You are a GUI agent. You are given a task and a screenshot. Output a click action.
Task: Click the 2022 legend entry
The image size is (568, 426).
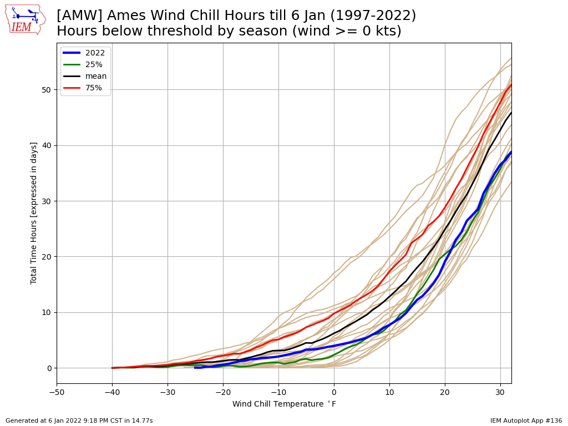point(84,53)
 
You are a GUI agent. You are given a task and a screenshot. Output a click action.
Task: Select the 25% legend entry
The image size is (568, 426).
point(83,64)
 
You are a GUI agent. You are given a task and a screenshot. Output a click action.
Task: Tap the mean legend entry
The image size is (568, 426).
point(85,76)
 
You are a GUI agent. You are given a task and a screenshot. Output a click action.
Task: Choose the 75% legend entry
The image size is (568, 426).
point(83,88)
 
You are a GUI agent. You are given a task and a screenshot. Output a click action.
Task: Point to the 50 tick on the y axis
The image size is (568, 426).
point(47,90)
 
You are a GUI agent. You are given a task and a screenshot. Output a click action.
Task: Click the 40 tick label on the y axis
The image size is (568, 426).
point(47,146)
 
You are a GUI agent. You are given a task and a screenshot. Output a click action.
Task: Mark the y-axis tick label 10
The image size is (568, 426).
point(47,313)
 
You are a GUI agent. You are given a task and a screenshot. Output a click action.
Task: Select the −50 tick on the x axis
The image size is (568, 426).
point(57,392)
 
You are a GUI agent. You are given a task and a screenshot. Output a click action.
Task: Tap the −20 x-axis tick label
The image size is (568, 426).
point(223,392)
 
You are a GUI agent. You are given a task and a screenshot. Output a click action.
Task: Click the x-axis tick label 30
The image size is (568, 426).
point(501,392)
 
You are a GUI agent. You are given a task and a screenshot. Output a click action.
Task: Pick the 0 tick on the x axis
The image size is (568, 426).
point(334,392)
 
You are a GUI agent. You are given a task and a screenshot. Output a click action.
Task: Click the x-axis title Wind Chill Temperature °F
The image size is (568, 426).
point(285,404)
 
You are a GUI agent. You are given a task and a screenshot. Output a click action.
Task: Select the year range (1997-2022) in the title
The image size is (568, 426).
point(373,16)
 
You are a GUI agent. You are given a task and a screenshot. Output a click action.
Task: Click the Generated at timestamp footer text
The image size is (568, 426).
point(79,420)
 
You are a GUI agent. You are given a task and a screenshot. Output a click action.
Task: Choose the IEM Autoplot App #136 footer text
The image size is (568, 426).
point(526,420)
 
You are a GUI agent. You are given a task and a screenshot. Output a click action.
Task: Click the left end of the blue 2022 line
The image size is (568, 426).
point(195,368)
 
